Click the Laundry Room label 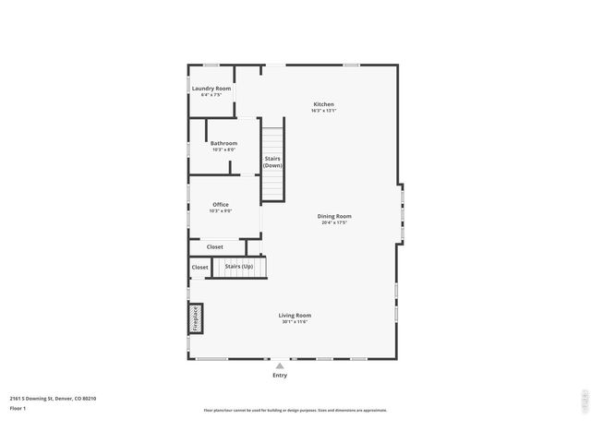click(211, 89)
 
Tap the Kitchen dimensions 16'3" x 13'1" click(323, 111)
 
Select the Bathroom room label click(223, 143)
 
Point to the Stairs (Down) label click(272, 162)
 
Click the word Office click(221, 204)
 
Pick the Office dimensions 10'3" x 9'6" click(221, 210)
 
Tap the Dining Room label click(334, 216)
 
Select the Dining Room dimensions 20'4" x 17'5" click(334, 222)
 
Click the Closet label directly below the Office click(214, 246)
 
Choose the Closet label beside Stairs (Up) click(200, 268)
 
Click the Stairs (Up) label click(239, 266)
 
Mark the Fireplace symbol click(196, 318)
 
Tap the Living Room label click(295, 315)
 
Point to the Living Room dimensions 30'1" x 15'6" click(295, 321)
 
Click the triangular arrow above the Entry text click(280, 366)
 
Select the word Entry click(280, 376)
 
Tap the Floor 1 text click(18, 407)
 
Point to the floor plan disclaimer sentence click(295, 410)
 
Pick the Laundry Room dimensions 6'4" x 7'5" click(211, 95)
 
